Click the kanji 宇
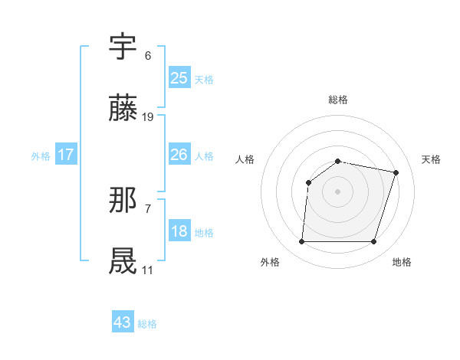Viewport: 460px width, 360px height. pos(123,47)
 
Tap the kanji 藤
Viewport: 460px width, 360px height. pos(123,109)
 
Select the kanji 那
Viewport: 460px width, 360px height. pos(123,201)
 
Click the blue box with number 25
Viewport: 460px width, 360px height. pos(179,78)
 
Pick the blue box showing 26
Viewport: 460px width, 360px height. pos(179,155)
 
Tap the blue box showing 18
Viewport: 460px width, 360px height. pos(179,232)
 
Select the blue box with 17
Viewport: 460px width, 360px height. pos(66,155)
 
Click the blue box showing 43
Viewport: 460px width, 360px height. pos(123,322)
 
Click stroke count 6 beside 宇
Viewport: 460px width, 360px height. pos(148,56)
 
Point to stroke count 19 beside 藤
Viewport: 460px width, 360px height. pos(148,117)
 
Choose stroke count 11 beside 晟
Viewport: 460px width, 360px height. pos(148,270)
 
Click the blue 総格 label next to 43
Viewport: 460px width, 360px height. pos(147,324)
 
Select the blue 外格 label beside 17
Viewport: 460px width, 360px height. pos(41,156)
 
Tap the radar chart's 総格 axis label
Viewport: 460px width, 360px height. pos(338,100)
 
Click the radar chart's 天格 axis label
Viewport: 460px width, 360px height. pos(432,159)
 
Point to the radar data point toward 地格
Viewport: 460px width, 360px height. pos(374,242)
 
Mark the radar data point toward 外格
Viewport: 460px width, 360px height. pos(301,242)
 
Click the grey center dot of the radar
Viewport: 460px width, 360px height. pos(338,191)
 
